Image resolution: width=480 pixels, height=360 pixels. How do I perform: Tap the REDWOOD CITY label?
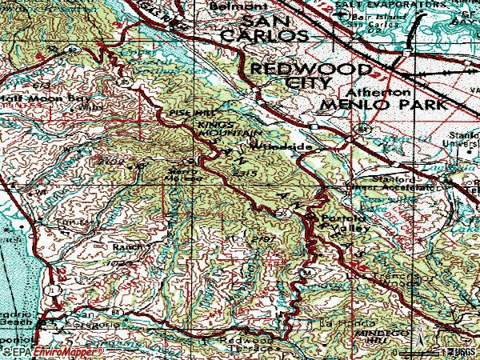(x=290, y=76)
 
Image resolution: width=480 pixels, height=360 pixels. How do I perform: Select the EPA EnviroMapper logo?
(x=52, y=351)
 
